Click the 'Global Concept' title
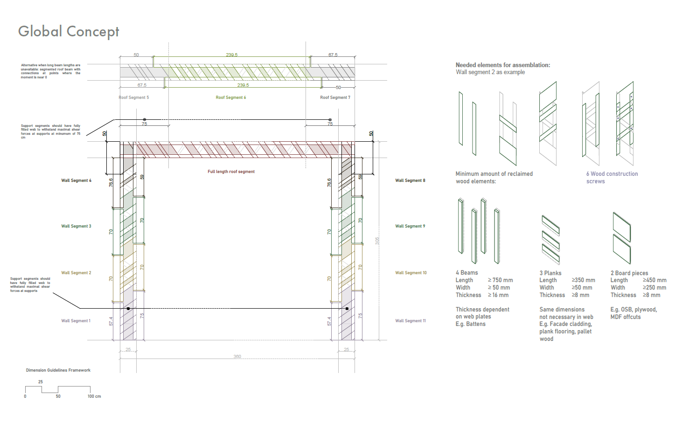pos(69,31)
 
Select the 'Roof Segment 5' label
pos(134,97)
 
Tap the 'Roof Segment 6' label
pos(231,97)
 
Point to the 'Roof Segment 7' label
pos(335,97)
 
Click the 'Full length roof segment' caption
pos(231,172)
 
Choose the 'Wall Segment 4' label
pos(76,180)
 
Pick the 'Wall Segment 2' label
pos(76,273)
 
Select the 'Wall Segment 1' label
pos(76,321)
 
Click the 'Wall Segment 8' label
pos(410,180)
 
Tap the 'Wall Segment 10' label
pos(411,273)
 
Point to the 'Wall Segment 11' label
pos(411,321)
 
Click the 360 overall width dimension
pos(237,357)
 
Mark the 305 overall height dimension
pos(377,241)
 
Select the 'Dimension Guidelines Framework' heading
pos(58,370)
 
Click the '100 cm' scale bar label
pos(94,396)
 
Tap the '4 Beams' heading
pos(467,273)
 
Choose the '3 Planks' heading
pos(550,273)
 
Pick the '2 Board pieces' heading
pos(629,273)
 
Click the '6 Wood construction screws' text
pos(612,177)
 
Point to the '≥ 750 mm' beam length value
pos(501,280)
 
